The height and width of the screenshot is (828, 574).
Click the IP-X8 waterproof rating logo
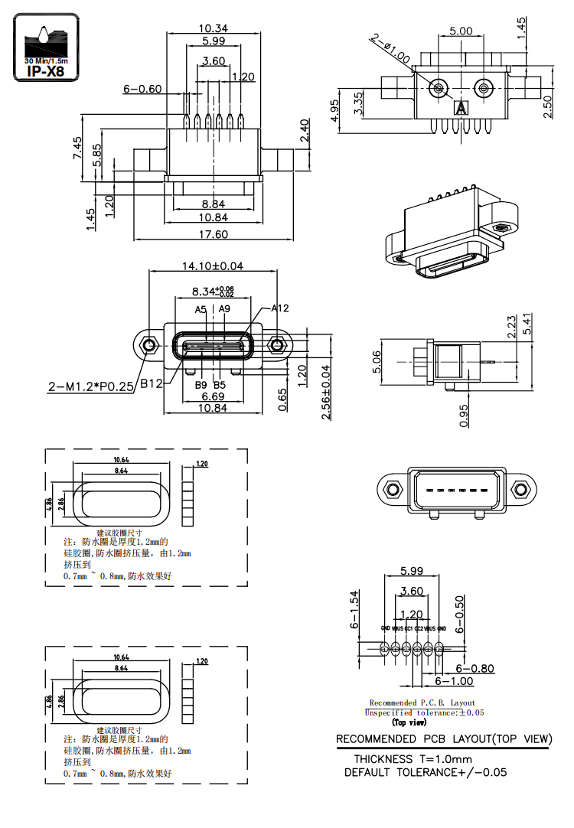pyautogui.click(x=46, y=47)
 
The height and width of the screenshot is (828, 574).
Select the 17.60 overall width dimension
pyautogui.click(x=213, y=234)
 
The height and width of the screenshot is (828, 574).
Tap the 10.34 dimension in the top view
pyautogui.click(x=214, y=29)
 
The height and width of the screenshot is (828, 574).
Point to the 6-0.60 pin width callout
pyautogui.click(x=142, y=89)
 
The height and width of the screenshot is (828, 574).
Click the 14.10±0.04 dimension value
pyautogui.click(x=212, y=266)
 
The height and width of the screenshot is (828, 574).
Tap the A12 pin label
pyautogui.click(x=279, y=308)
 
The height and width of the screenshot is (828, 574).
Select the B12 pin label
pyautogui.click(x=151, y=385)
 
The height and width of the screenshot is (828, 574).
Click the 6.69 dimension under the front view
pyautogui.click(x=212, y=396)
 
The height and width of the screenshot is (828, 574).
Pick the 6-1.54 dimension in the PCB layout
pyautogui.click(x=354, y=610)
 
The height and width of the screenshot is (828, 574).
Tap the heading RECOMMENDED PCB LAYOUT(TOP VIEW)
pyautogui.click(x=444, y=739)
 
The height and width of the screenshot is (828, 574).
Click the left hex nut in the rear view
pyautogui.click(x=392, y=488)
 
